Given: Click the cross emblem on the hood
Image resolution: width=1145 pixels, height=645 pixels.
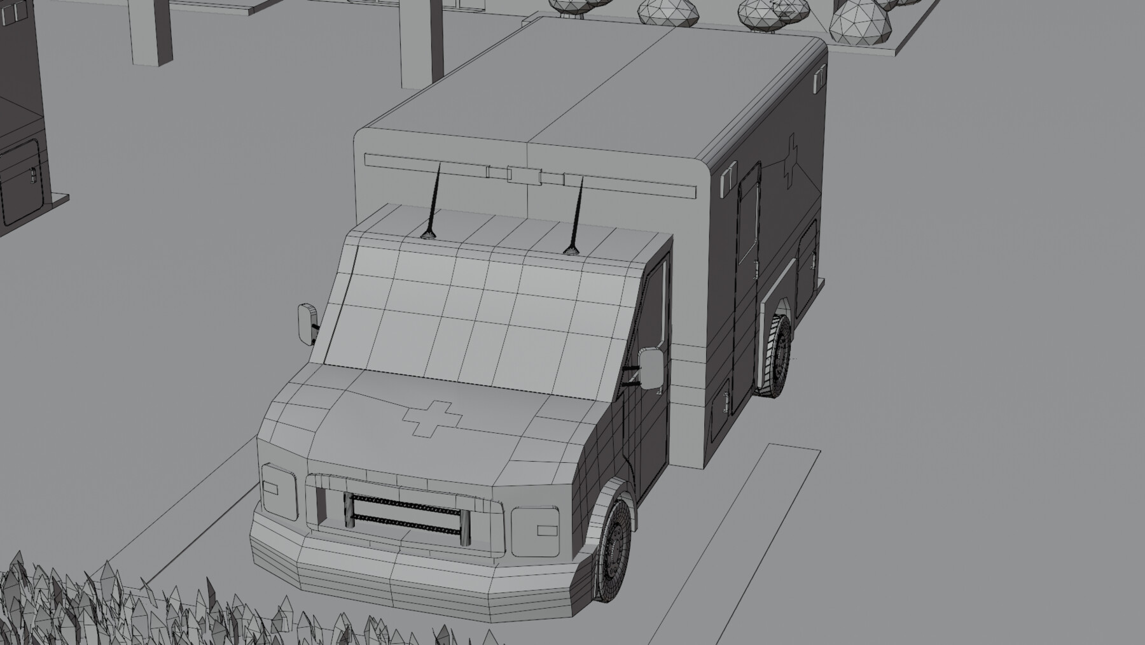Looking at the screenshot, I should pyautogui.click(x=431, y=418).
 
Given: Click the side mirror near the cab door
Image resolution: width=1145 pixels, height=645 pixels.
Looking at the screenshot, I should pyautogui.click(x=651, y=369).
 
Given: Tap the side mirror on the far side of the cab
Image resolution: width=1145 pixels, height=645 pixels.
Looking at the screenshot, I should pyautogui.click(x=306, y=323).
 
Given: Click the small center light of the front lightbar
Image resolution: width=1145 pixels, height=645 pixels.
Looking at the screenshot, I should pyautogui.click(x=524, y=174).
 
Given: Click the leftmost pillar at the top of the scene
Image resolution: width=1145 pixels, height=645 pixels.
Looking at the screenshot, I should pyautogui.click(x=151, y=32).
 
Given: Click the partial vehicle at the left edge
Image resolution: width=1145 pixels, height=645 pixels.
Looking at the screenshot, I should pyautogui.click(x=22, y=127).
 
